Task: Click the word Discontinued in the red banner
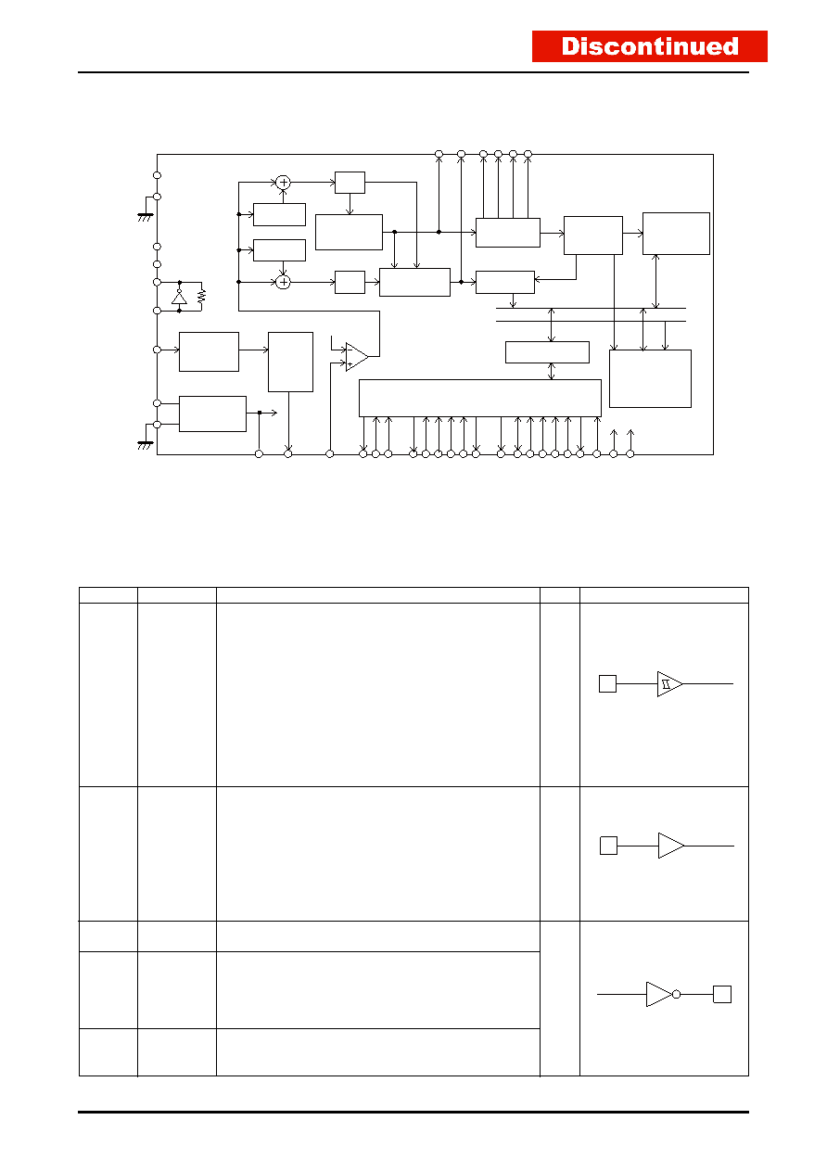[x=649, y=46]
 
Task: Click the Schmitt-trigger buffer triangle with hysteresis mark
[x=669, y=684]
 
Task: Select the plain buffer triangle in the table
[x=670, y=846]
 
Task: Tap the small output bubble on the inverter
[x=677, y=994]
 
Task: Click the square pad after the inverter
[x=722, y=994]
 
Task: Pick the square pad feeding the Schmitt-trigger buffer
[x=607, y=684]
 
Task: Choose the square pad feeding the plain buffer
[x=608, y=846]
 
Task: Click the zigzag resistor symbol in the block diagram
[x=202, y=296]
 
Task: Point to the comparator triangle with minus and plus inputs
[x=357, y=357]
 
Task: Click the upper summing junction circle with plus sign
[x=283, y=183]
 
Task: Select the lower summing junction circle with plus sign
[x=283, y=282]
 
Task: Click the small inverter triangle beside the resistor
[x=179, y=297]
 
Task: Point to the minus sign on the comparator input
[x=350, y=350]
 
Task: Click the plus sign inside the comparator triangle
[x=350, y=363]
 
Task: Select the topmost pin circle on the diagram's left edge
[x=157, y=175]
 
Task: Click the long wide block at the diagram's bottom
[x=480, y=399]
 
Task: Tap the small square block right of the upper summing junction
[x=350, y=183]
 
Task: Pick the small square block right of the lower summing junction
[x=350, y=282]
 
